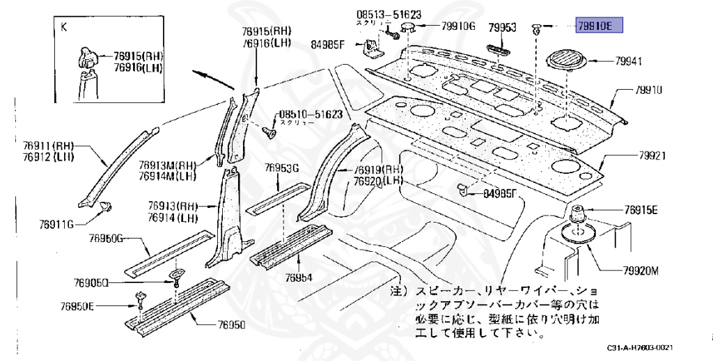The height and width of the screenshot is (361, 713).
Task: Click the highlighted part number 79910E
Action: [x=598, y=26]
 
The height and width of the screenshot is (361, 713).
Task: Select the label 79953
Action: [x=502, y=27]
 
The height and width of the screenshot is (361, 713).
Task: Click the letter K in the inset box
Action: [x=65, y=29]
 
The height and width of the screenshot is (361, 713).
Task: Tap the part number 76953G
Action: [x=281, y=168]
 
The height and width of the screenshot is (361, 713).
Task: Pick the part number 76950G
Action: [x=106, y=239]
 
